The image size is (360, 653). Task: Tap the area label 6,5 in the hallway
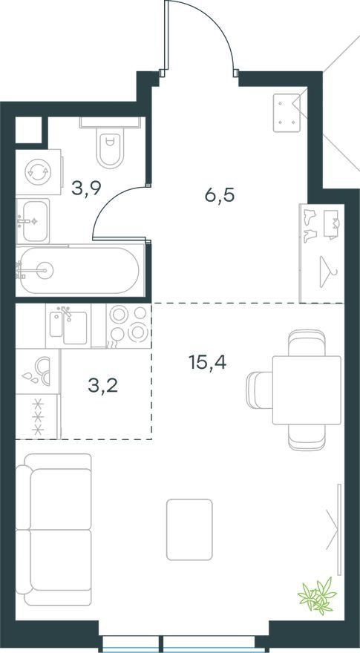(x=220, y=194)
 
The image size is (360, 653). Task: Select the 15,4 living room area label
(x=207, y=362)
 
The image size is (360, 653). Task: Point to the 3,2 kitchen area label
(x=103, y=386)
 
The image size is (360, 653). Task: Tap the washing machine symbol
(x=39, y=171)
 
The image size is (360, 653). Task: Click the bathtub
(x=79, y=271)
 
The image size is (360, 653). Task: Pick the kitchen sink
(x=68, y=326)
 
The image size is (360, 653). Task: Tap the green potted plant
(x=318, y=595)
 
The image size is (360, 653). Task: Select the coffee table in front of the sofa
(x=189, y=529)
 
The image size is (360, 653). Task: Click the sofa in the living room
(x=53, y=529)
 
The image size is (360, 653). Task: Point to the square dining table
(x=307, y=390)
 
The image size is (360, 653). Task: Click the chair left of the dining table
(x=259, y=390)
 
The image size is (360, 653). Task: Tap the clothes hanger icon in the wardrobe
(x=328, y=272)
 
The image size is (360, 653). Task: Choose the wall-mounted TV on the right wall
(x=339, y=529)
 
